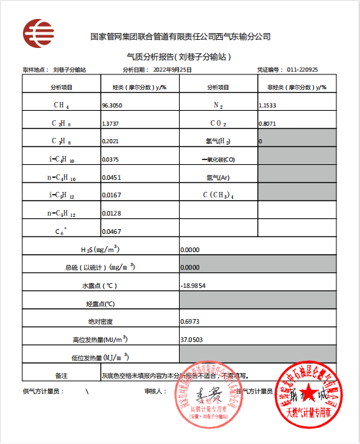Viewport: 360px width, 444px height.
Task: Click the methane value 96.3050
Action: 112,105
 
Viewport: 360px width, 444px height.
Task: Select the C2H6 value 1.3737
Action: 110,124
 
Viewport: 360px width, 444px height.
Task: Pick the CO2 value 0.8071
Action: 267,124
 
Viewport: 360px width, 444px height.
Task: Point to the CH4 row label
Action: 61,105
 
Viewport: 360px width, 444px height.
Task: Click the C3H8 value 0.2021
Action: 110,141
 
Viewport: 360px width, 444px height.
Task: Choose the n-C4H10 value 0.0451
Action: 110,177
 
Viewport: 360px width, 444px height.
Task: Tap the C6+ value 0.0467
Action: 110,230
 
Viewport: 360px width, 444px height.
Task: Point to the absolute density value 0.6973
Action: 190,321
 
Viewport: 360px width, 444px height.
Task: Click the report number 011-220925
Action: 303,70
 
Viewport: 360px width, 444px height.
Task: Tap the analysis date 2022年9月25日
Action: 173,70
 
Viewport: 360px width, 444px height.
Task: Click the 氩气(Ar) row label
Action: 218,177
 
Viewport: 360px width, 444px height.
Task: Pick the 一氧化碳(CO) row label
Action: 218,159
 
